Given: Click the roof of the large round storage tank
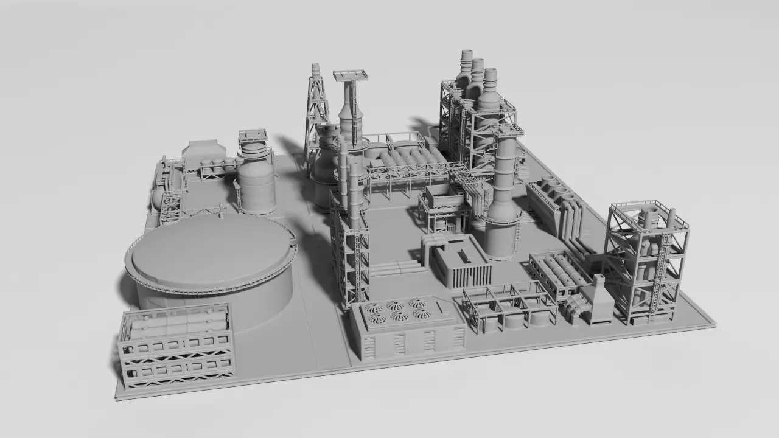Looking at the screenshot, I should (x=210, y=249).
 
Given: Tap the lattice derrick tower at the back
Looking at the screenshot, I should (x=316, y=103).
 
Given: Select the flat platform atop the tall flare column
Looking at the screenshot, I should (x=351, y=75).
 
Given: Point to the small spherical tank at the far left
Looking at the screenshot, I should (x=158, y=197).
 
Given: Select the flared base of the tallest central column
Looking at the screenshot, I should (x=502, y=234).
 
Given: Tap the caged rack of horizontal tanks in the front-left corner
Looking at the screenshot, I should (x=176, y=344).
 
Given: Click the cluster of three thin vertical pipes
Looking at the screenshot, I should (x=349, y=182).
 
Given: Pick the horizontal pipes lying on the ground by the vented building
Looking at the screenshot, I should (x=396, y=268).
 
